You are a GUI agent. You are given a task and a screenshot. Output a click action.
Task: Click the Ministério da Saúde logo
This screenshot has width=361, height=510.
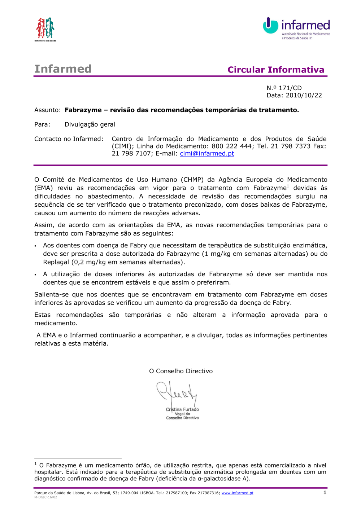[45, 29]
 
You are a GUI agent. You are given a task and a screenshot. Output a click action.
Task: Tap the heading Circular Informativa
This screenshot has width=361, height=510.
[276, 70]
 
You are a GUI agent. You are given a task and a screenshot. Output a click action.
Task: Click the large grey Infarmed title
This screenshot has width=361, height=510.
[63, 69]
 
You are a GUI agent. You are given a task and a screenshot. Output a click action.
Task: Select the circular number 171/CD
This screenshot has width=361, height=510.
[290, 88]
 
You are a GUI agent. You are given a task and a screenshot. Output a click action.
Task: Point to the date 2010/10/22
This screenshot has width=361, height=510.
[304, 95]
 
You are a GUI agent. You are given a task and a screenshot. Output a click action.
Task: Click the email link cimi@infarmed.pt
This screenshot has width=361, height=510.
[207, 153]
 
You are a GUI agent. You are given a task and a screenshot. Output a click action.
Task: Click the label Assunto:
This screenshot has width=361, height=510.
[47, 110]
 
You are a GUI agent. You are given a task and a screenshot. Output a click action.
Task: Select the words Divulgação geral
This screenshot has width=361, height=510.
[90, 124]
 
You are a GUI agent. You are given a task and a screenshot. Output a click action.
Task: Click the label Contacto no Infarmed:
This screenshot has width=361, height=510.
[69, 139]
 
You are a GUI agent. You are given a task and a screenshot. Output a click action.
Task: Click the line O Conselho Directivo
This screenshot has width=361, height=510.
[181, 371]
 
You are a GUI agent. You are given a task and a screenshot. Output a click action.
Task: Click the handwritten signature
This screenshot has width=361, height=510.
[177, 394]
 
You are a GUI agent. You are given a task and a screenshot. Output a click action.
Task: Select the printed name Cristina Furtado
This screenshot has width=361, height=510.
[182, 409]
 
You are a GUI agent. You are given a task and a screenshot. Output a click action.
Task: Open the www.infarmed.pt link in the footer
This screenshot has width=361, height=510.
[237, 493]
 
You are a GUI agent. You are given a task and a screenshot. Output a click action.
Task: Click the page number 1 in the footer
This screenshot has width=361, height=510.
[325, 492]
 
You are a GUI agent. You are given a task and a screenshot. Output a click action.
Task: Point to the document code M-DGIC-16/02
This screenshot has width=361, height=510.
[45, 497]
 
